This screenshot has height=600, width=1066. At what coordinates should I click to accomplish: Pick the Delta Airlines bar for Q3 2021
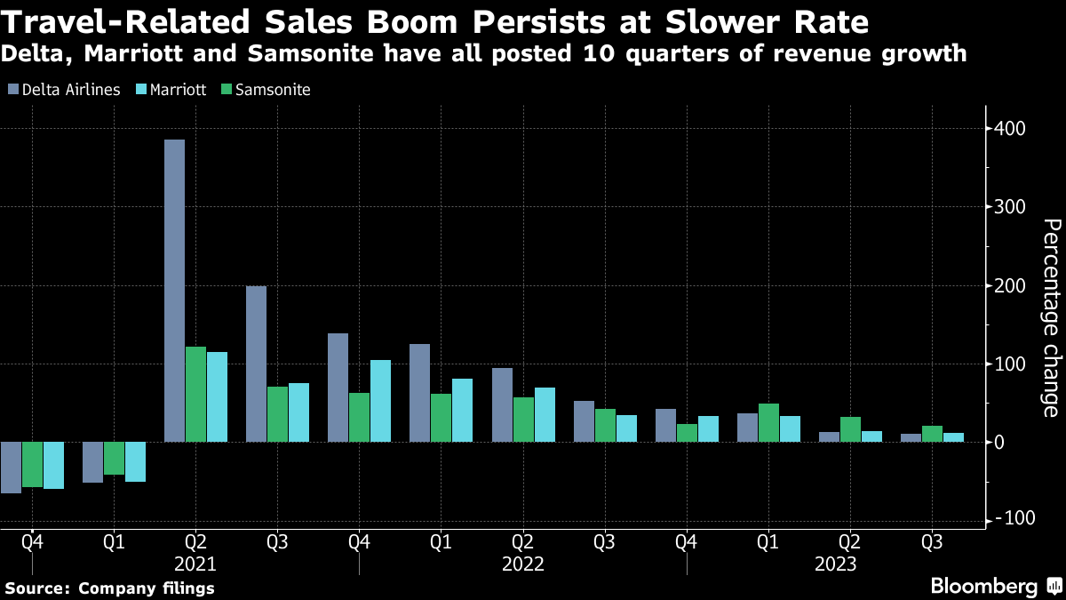click(256, 364)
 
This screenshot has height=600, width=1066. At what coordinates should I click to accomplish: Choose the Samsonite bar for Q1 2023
click(768, 422)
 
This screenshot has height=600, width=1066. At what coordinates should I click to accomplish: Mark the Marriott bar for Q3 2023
click(953, 437)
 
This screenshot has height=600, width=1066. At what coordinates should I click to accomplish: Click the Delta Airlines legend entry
click(63, 90)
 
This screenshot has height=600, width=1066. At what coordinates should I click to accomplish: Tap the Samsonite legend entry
click(264, 90)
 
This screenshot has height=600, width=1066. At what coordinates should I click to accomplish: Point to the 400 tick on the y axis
click(1008, 130)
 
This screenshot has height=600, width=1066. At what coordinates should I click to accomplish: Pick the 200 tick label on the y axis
click(1008, 286)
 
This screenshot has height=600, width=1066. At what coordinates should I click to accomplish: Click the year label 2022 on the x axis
click(522, 564)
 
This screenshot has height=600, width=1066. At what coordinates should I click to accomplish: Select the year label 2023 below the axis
click(835, 564)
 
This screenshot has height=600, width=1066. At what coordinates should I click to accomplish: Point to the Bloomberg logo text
click(983, 586)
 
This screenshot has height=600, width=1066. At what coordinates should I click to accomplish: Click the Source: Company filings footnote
click(109, 588)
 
